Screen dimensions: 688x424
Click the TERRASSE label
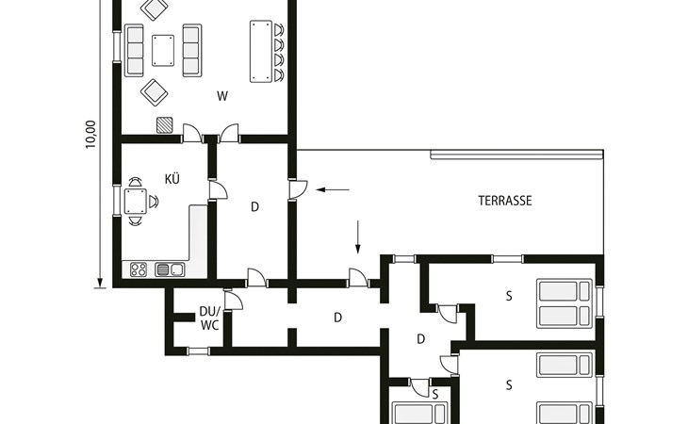[x=505, y=201]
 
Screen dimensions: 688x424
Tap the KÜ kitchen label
[x=172, y=178]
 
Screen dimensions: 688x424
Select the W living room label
[x=222, y=96]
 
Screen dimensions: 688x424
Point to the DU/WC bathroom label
[x=210, y=318]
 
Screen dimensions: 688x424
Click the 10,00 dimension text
[x=90, y=134]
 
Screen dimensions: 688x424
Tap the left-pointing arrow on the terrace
[x=333, y=189]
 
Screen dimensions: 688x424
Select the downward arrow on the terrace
[x=358, y=236]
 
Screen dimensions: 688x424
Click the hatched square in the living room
[x=165, y=125]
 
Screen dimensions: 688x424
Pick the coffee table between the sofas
[x=163, y=51]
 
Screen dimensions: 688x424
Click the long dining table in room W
[x=261, y=51]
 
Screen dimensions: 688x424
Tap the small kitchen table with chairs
[x=135, y=202]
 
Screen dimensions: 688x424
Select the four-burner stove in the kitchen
[x=139, y=269]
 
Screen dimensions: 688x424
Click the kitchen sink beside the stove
[x=170, y=269]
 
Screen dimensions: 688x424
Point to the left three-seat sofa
[x=134, y=51]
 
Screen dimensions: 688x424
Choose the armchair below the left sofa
[x=154, y=92]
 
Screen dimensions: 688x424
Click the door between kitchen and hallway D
[x=217, y=190]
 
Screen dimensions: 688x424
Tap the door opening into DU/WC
[x=233, y=300]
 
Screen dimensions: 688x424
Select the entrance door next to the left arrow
[x=298, y=189]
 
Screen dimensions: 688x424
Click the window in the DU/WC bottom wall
[x=198, y=351]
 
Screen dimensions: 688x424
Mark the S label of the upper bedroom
[x=509, y=297]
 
